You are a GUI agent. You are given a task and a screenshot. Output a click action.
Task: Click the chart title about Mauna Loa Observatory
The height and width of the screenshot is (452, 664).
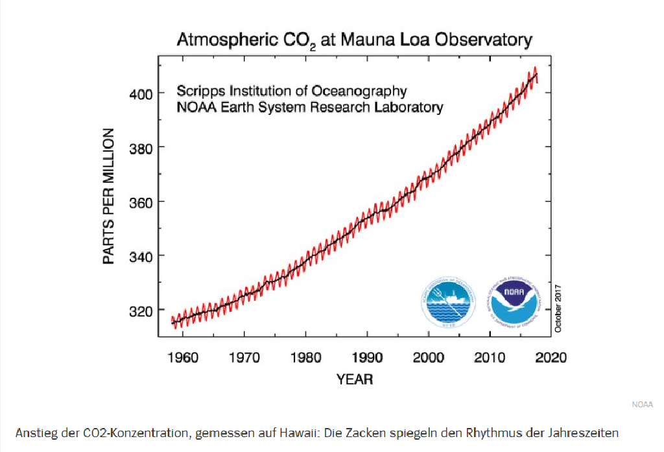tap(355, 40)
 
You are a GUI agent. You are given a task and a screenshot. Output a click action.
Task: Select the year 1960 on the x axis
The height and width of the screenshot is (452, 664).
tap(183, 357)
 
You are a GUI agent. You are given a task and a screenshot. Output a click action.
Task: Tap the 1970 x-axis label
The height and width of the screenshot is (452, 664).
tap(244, 357)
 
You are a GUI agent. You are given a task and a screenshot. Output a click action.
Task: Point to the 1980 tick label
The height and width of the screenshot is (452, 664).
tap(306, 357)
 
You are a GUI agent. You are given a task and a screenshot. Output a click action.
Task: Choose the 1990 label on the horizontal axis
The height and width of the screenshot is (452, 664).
tap(367, 357)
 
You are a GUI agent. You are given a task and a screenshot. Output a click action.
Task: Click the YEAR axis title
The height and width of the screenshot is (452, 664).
tap(355, 379)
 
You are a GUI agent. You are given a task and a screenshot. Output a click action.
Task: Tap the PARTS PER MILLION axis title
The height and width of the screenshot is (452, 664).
tap(109, 196)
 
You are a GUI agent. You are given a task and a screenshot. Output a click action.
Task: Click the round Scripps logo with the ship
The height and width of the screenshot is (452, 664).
tap(449, 303)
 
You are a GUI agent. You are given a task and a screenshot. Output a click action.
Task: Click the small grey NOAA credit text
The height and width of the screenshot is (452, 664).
tap(642, 405)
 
